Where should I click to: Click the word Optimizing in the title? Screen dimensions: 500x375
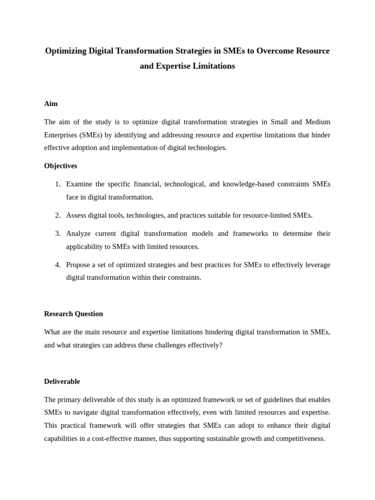pos(65,51)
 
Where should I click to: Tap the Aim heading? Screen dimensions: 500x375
pos(51,104)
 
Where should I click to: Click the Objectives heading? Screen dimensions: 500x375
pos(61,166)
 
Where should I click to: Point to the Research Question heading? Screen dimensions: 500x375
pos(73,313)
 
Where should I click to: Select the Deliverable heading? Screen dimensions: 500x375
pos(62,381)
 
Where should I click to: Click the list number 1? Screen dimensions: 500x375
pos(58,184)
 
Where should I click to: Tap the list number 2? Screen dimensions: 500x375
pos(58,215)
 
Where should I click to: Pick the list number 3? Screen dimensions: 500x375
pos(58,233)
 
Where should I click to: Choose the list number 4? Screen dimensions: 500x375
pos(58,265)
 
